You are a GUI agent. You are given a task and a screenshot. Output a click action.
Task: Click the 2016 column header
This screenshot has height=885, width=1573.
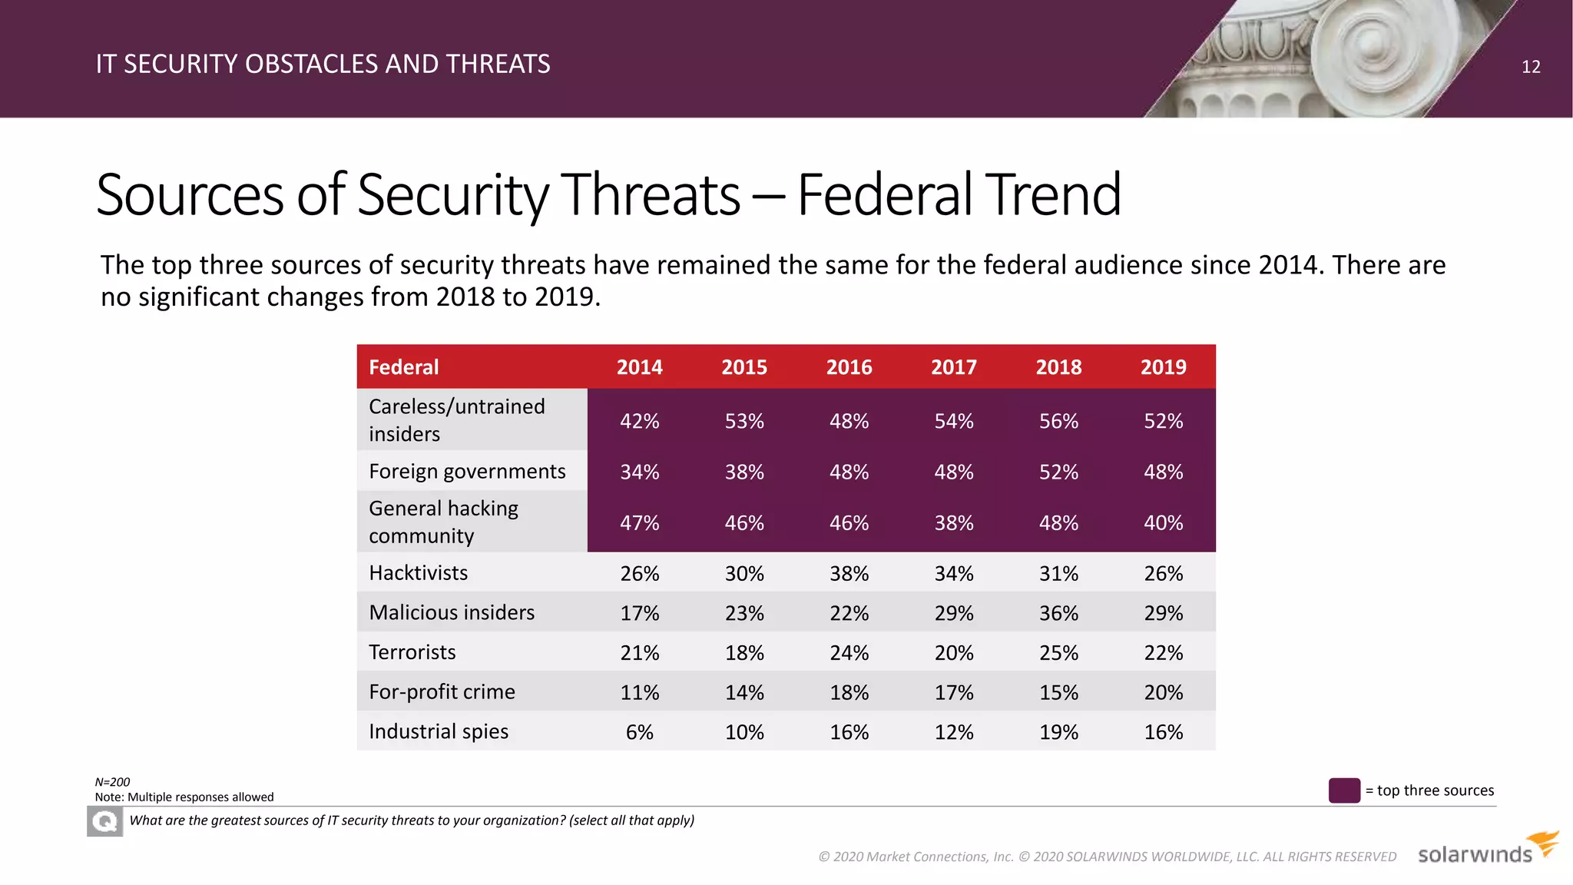click(849, 367)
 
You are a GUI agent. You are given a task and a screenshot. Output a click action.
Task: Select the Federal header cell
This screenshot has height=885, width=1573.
click(404, 367)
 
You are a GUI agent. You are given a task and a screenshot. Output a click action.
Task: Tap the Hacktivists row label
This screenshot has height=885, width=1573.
click(418, 573)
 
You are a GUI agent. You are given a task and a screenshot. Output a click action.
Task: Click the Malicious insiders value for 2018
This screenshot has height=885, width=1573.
click(1058, 613)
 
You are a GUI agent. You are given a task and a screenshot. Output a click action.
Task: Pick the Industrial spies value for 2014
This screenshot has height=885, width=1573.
click(639, 732)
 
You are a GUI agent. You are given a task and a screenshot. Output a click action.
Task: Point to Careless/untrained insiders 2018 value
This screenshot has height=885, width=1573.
click(1058, 421)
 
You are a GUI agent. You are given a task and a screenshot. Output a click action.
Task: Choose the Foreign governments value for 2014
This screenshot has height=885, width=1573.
click(639, 472)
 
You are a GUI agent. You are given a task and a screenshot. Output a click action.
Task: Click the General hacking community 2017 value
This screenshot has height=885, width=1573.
click(954, 523)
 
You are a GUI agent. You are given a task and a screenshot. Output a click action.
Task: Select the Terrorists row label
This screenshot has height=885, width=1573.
click(412, 652)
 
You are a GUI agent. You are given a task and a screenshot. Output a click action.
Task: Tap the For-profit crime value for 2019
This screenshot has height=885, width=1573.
click(1163, 692)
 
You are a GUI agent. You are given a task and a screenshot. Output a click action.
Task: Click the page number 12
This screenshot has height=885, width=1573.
click(1530, 67)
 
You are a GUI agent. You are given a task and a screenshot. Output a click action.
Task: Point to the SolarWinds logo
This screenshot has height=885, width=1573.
click(1486, 850)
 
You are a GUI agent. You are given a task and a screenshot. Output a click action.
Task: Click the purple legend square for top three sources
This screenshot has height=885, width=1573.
click(1344, 791)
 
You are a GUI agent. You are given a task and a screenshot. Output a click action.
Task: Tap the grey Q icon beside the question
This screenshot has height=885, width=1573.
click(105, 822)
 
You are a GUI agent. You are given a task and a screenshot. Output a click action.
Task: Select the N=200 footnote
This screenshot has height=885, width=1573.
click(113, 782)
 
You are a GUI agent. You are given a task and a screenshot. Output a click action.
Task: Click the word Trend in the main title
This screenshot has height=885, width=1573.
click(1052, 195)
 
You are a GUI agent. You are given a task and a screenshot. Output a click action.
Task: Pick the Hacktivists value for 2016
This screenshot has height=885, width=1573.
click(849, 574)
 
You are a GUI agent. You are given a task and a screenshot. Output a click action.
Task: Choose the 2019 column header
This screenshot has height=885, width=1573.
click(1163, 367)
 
